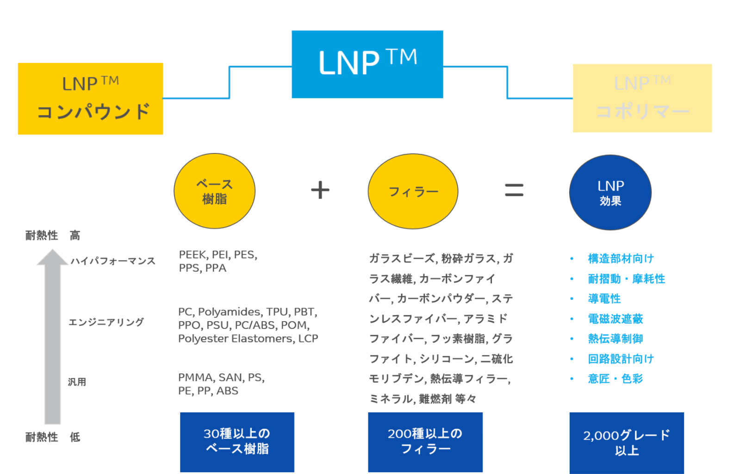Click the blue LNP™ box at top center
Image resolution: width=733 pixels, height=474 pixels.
tap(367, 64)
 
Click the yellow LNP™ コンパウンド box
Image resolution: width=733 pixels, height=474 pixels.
tap(90, 99)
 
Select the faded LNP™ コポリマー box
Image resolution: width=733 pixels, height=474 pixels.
tap(642, 98)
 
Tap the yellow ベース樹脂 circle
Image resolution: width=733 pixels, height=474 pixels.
tap(214, 191)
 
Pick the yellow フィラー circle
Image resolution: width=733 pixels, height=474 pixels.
tap(413, 191)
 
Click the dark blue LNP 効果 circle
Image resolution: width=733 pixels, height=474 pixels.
tap(610, 192)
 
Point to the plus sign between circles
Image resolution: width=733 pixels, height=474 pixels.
tap(320, 190)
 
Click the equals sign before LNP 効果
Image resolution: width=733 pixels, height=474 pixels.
tap(514, 190)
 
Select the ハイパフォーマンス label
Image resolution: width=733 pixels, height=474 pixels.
tap(113, 261)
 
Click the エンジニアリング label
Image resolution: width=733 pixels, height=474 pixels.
tap(106, 322)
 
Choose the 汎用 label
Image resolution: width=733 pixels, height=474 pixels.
tap(77, 382)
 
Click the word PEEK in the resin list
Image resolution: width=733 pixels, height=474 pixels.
tap(193, 255)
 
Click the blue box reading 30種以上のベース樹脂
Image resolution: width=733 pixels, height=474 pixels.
tap(237, 442)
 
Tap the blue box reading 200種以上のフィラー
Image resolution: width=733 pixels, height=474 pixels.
tap(425, 442)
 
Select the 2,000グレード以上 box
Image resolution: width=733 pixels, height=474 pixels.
tap(626, 442)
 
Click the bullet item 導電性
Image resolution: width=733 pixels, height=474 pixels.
tap(604, 299)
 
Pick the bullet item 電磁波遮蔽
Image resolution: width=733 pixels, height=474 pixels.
tap(615, 319)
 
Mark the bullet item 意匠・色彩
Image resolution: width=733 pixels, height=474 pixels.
tap(615, 379)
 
